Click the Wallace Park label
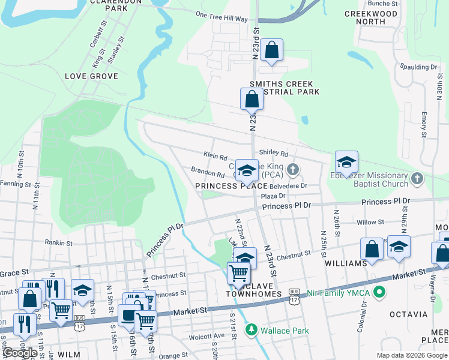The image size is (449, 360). pos(285,331)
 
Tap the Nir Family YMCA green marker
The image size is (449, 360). pos(378,293)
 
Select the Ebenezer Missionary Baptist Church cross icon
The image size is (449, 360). pos(418,178)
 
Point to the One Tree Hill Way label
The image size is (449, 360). pos(221,19)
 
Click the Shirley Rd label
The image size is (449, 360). pos(274,154)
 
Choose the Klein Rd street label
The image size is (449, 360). pos(215,157)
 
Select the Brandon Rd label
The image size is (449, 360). pos(208,173)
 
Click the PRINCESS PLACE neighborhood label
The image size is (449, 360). pos(231,187)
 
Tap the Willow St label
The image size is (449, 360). pos(370,222)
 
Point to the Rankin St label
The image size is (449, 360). pos(58,244)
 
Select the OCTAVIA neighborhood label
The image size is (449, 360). pos(408,314)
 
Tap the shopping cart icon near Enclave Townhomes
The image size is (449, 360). pos(239,272)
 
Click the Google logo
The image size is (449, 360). pos(20,353)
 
